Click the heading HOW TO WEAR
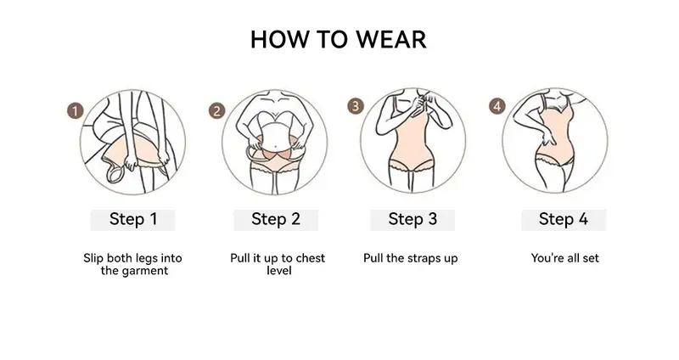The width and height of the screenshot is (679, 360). click(339, 39)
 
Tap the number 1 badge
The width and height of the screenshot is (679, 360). click(75, 110)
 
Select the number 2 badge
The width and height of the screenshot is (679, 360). click(216, 110)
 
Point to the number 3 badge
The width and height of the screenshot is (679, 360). click(356, 106)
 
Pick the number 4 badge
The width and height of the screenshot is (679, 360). click(497, 106)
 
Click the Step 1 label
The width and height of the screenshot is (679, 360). click(133, 219)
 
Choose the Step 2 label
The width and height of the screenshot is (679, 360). click(276, 219)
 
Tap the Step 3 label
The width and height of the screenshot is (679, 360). click(412, 219)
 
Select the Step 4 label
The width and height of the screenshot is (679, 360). click(563, 219)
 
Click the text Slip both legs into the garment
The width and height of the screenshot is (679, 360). click(133, 264)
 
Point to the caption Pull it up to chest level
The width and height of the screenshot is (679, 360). click(278, 264)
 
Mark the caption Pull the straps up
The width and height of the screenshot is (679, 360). click(410, 258)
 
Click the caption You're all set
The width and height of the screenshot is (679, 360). click(565, 258)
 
